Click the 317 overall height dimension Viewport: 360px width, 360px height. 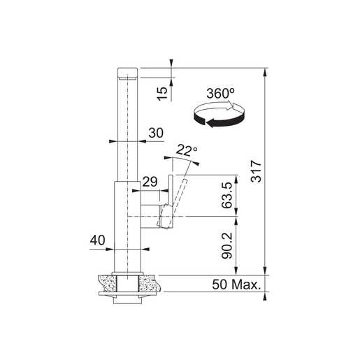[x=256, y=171]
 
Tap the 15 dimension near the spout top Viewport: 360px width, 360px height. [x=162, y=94]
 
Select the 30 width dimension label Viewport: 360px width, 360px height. [x=156, y=133]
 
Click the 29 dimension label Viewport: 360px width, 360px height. [x=150, y=182]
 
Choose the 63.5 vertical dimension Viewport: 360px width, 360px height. [x=226, y=195]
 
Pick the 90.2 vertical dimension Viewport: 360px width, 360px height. [x=226, y=245]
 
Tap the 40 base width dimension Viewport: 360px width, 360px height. [x=98, y=240]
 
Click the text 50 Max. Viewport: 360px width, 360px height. [x=236, y=285]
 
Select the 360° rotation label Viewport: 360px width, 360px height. [x=220, y=94]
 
